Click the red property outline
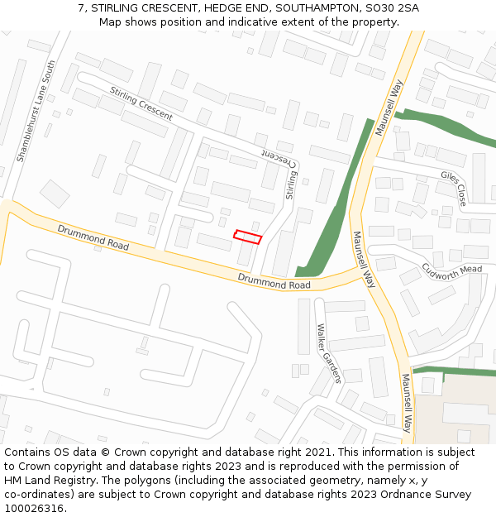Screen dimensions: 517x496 247,237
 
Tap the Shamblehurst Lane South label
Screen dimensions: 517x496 36,111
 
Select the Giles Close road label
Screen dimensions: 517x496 454,188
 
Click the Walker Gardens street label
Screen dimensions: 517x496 328,352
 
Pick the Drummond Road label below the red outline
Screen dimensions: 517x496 274,282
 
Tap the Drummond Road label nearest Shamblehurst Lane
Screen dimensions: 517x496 93,237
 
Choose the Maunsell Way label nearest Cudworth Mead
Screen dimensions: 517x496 364,259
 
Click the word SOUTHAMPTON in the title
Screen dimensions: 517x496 317,7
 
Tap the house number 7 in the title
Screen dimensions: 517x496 81,7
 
